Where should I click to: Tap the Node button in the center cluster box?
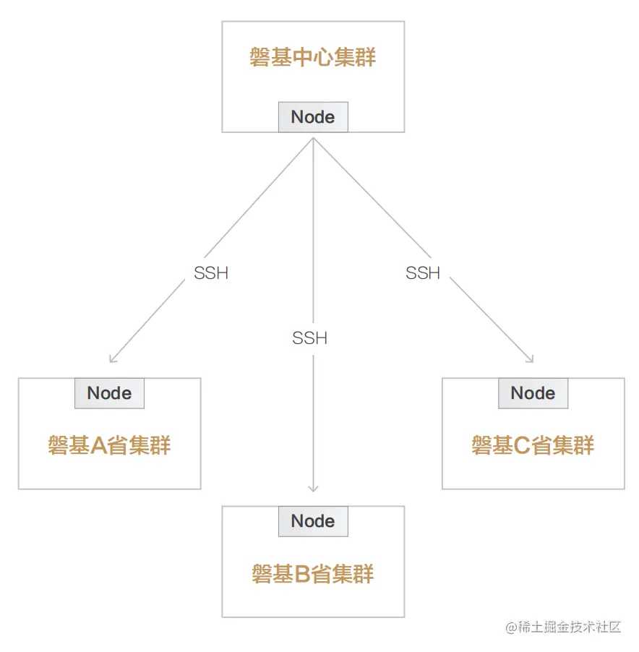[313, 117]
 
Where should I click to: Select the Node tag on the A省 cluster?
[109, 393]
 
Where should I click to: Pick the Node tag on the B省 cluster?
[313, 521]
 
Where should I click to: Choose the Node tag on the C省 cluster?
[533, 393]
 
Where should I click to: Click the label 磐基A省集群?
[109, 445]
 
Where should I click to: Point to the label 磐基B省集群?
[313, 575]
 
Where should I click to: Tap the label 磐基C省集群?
[533, 445]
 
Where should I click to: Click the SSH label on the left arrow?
[211, 273]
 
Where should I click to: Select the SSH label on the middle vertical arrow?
[310, 338]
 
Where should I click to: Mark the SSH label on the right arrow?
[423, 273]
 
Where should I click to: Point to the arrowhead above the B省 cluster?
[313, 489]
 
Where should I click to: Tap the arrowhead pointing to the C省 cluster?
[531, 359]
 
